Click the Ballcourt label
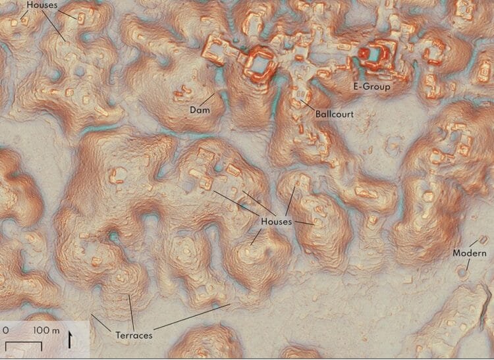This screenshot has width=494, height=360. [334, 114]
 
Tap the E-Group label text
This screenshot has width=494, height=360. [372, 86]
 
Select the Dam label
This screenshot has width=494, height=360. [199, 110]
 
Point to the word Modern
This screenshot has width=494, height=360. [470, 254]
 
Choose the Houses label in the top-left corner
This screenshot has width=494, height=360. [42, 5]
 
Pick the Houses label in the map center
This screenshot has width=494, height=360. [276, 222]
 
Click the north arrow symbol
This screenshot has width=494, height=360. [72, 341]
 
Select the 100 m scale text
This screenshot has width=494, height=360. [46, 328]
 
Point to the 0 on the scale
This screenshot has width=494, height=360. [6, 328]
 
